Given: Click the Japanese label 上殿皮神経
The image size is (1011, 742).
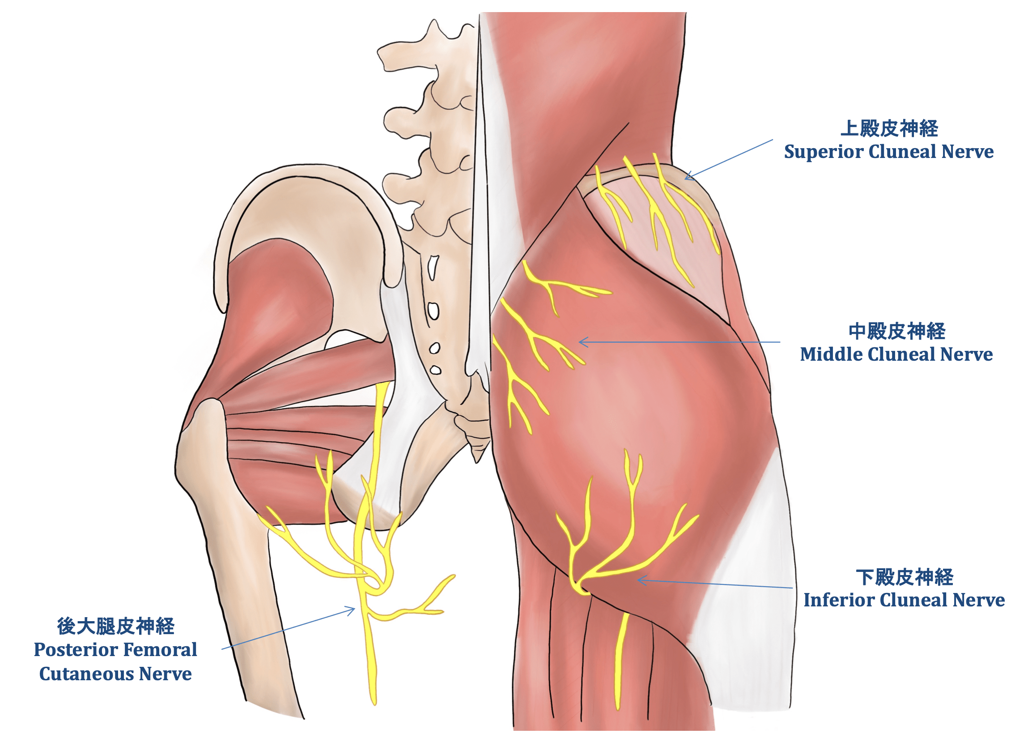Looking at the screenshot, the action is (889, 128).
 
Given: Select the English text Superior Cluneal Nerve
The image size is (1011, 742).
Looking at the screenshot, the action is (889, 152).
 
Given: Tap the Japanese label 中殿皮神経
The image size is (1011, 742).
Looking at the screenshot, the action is (897, 332).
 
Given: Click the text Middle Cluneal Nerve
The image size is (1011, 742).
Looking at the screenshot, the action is (896, 354).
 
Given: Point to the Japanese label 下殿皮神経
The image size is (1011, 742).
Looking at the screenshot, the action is (904, 577).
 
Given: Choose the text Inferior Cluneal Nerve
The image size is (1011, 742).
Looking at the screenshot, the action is (904, 600).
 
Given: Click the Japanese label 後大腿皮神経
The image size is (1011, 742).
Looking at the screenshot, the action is (116, 627).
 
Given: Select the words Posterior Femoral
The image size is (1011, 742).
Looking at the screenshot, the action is (116, 650).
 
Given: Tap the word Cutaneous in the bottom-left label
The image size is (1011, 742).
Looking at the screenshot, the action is (86, 674).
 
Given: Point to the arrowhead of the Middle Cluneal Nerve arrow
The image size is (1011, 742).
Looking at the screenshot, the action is (581, 342).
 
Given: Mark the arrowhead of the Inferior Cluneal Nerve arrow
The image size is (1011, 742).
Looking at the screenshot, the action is (639, 580).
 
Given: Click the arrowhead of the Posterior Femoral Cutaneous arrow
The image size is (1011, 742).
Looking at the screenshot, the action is (354, 609).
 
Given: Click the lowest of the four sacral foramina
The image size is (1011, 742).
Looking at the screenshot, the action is (435, 370).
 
